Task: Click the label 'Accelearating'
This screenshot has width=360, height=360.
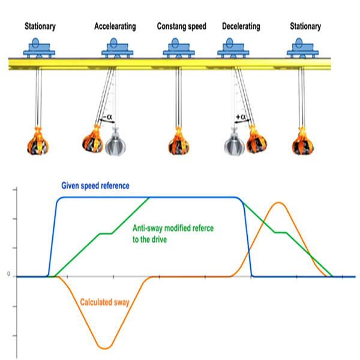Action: tap(115, 26)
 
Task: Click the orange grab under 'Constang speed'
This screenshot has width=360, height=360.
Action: tap(178, 142)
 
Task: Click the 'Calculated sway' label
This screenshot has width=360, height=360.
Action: tap(106, 301)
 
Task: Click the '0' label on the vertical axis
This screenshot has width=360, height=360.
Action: tap(8, 275)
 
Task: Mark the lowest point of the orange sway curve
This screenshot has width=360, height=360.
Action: tap(106, 348)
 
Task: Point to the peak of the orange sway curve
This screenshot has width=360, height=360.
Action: tap(278, 203)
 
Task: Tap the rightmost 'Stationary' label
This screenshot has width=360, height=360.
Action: tap(305, 26)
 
